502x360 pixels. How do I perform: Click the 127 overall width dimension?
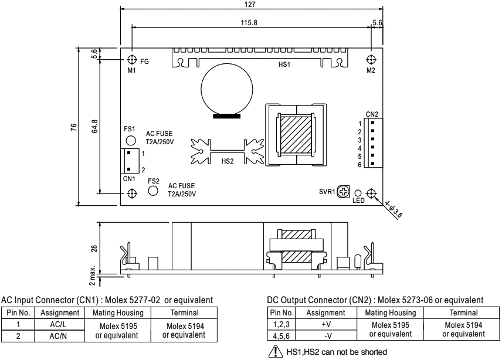tap(251, 4)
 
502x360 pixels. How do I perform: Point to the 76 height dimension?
tap(73, 127)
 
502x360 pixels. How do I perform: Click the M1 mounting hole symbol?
tap(132, 60)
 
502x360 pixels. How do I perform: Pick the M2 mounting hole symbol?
tap(371, 60)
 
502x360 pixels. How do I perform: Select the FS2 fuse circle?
tap(153, 191)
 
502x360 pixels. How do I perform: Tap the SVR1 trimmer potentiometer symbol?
tap(345, 192)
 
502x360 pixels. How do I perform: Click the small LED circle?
tap(358, 193)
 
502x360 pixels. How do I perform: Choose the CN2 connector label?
tap(372, 114)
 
